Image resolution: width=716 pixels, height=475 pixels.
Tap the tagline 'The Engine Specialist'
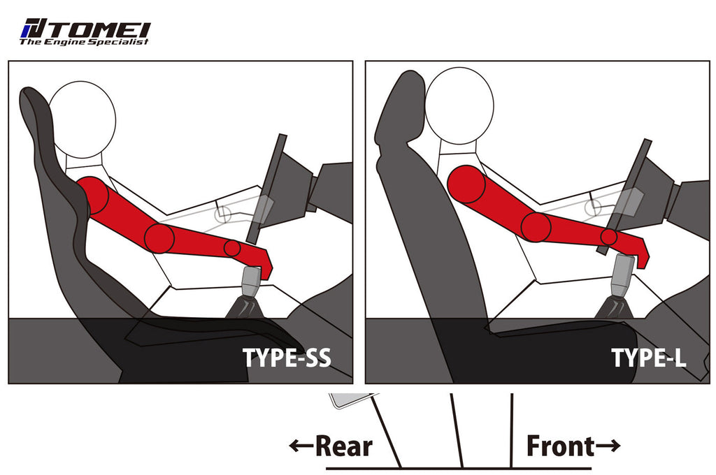[x=84, y=42]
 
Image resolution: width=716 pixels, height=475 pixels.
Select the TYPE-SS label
[x=286, y=358]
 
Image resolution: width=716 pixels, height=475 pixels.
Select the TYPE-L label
[x=648, y=358]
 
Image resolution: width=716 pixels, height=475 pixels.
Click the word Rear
[x=344, y=446]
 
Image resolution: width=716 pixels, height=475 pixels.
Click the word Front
[x=560, y=446]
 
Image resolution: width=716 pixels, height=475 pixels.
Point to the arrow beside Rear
[x=301, y=446]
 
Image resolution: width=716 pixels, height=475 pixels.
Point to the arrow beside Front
[x=608, y=446]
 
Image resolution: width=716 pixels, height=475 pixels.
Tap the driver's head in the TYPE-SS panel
[x=83, y=119]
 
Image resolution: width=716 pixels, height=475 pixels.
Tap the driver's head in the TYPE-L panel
[x=459, y=105]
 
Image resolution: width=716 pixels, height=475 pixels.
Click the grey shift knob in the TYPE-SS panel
[x=252, y=281]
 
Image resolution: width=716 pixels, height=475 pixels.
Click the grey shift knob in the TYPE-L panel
[x=623, y=275]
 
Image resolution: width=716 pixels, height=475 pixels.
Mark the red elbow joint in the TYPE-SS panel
[x=159, y=239]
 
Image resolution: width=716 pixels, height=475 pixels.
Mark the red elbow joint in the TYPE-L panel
[x=536, y=227]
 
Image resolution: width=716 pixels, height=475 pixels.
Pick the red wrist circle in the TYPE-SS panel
[x=232, y=248]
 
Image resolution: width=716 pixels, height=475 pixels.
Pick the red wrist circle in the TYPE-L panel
[x=609, y=237]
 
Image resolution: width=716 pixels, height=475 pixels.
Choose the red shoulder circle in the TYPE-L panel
[x=466, y=184]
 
